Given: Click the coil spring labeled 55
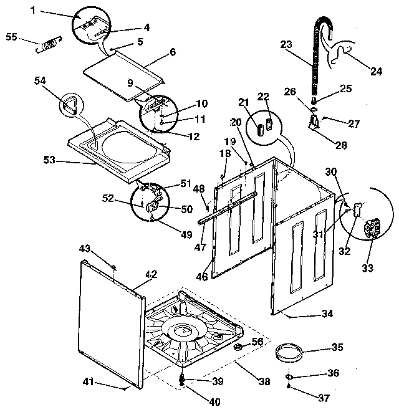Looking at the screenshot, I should coord(49,44).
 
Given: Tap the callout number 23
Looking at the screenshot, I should coord(286,44).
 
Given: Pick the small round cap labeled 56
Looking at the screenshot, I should coord(239,347).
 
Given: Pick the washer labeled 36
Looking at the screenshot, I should coord(292,376).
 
